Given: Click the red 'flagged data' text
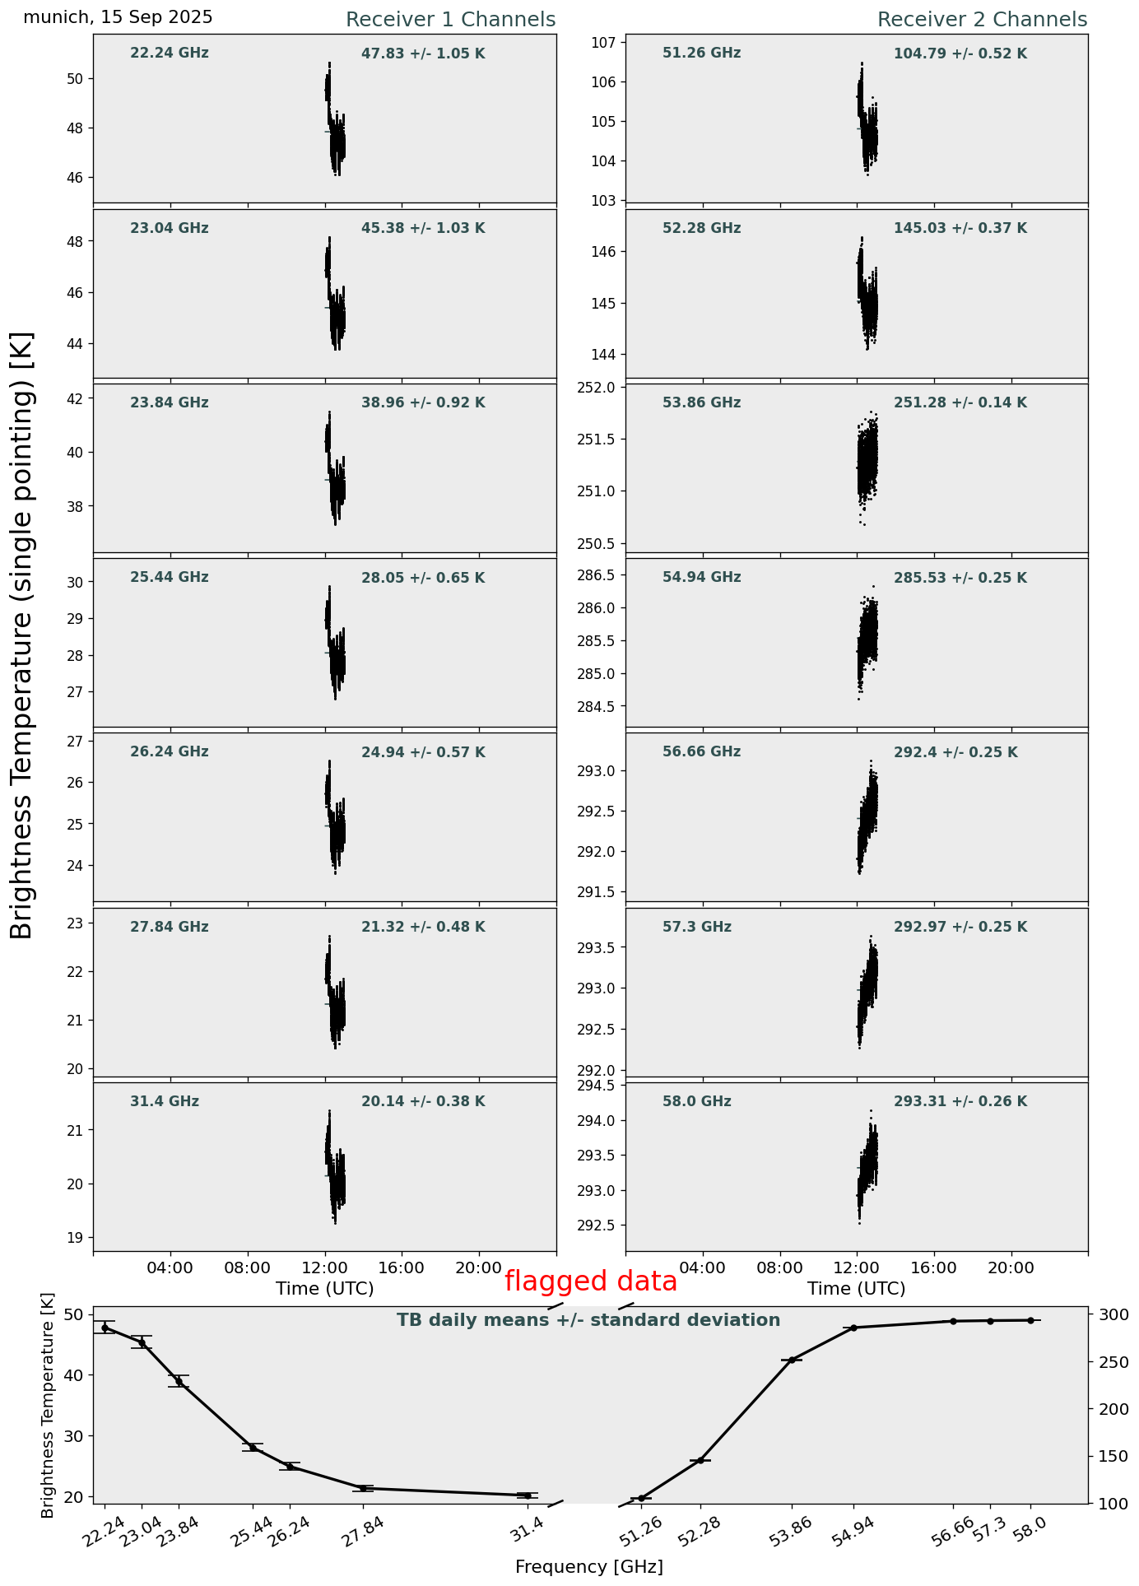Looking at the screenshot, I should click(x=590, y=1281).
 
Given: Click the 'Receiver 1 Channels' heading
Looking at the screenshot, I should click(x=450, y=20).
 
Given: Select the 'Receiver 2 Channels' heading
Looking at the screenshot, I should click(x=982, y=20).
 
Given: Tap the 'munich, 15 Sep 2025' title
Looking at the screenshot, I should click(x=118, y=17).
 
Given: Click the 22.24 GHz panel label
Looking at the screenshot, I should click(x=170, y=53).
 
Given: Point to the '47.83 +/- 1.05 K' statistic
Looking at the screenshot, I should click(x=423, y=53).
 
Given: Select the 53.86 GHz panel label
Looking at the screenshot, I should click(x=701, y=402).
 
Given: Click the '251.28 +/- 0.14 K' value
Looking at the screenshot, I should click(x=960, y=402).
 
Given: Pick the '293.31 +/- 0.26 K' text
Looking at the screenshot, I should click(x=960, y=1101).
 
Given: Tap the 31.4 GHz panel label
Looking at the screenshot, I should click(x=165, y=1101).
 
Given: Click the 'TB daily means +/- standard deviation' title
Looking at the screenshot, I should click(x=588, y=1320).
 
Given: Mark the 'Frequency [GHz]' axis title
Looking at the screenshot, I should click(x=588, y=1566).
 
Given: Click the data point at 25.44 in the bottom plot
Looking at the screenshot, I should click(x=253, y=1447).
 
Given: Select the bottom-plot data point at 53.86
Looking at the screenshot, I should click(x=792, y=1360).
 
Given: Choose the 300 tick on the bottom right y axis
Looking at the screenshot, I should click(x=1107, y=1314).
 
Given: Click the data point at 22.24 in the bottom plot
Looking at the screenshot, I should click(x=105, y=1328).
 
